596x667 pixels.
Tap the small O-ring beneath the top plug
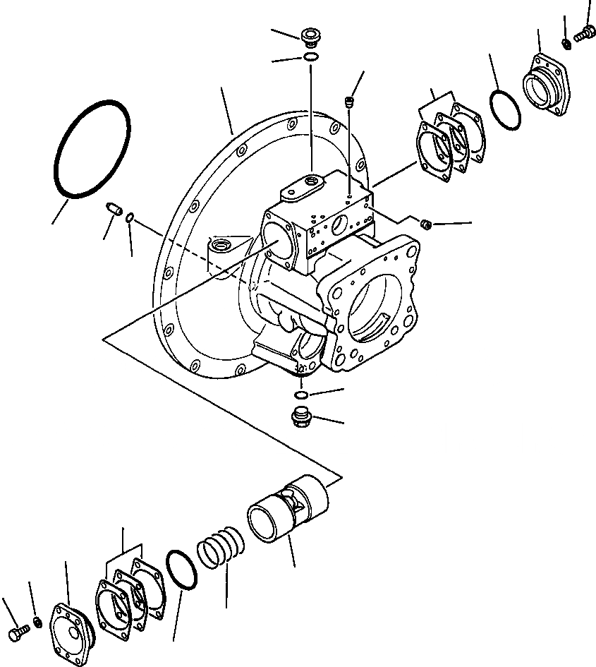310,56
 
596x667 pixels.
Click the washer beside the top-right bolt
566,44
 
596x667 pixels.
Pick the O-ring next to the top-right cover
505,111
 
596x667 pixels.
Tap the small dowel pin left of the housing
115,210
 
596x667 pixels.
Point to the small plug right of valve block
425,224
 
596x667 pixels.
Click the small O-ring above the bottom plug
301,394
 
